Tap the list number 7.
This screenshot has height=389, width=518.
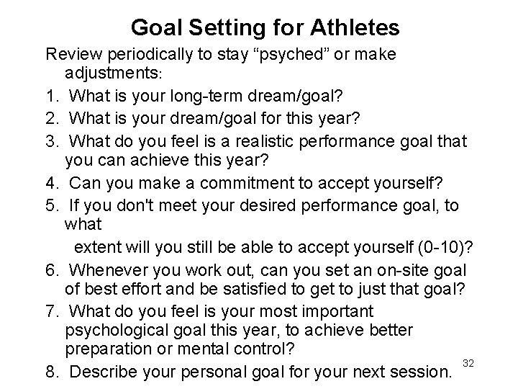[52, 311]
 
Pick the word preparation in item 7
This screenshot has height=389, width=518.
[106, 349]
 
